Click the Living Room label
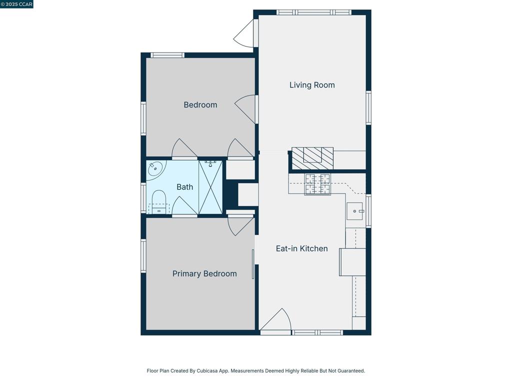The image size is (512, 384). (312, 85)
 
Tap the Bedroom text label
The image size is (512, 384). (200, 105)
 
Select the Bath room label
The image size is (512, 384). (184, 187)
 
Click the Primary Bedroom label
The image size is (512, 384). (204, 273)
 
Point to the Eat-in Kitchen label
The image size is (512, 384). (301, 248)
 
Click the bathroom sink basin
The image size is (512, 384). (155, 169)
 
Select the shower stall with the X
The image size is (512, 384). (210, 187)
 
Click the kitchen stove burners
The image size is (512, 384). (317, 184)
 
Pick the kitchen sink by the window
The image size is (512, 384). (354, 211)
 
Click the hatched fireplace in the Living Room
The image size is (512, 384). (312, 157)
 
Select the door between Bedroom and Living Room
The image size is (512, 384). (246, 109)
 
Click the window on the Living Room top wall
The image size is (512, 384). (313, 12)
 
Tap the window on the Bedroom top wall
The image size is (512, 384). (167, 55)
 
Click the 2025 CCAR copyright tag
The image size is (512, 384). (17, 4)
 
